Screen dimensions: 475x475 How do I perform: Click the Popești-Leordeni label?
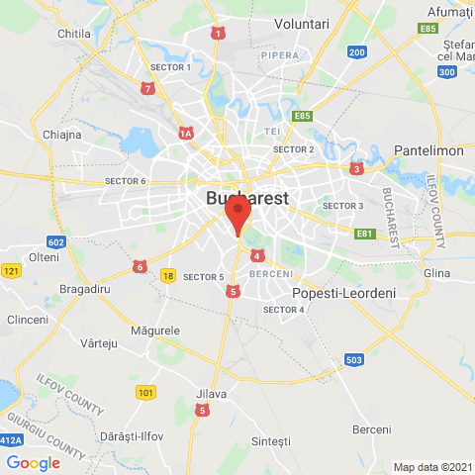343,294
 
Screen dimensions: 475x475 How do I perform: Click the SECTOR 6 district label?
126,181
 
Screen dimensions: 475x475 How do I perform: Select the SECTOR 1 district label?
169,66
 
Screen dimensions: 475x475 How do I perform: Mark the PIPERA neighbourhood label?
279,55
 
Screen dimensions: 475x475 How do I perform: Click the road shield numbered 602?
56,242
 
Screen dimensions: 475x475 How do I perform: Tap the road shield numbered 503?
354,361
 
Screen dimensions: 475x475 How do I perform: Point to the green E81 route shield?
365,234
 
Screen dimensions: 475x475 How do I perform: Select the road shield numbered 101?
146,393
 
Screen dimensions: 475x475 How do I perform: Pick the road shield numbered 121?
11,271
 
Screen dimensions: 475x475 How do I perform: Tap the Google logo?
33,462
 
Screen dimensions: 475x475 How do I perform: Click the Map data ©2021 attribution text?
432,467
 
